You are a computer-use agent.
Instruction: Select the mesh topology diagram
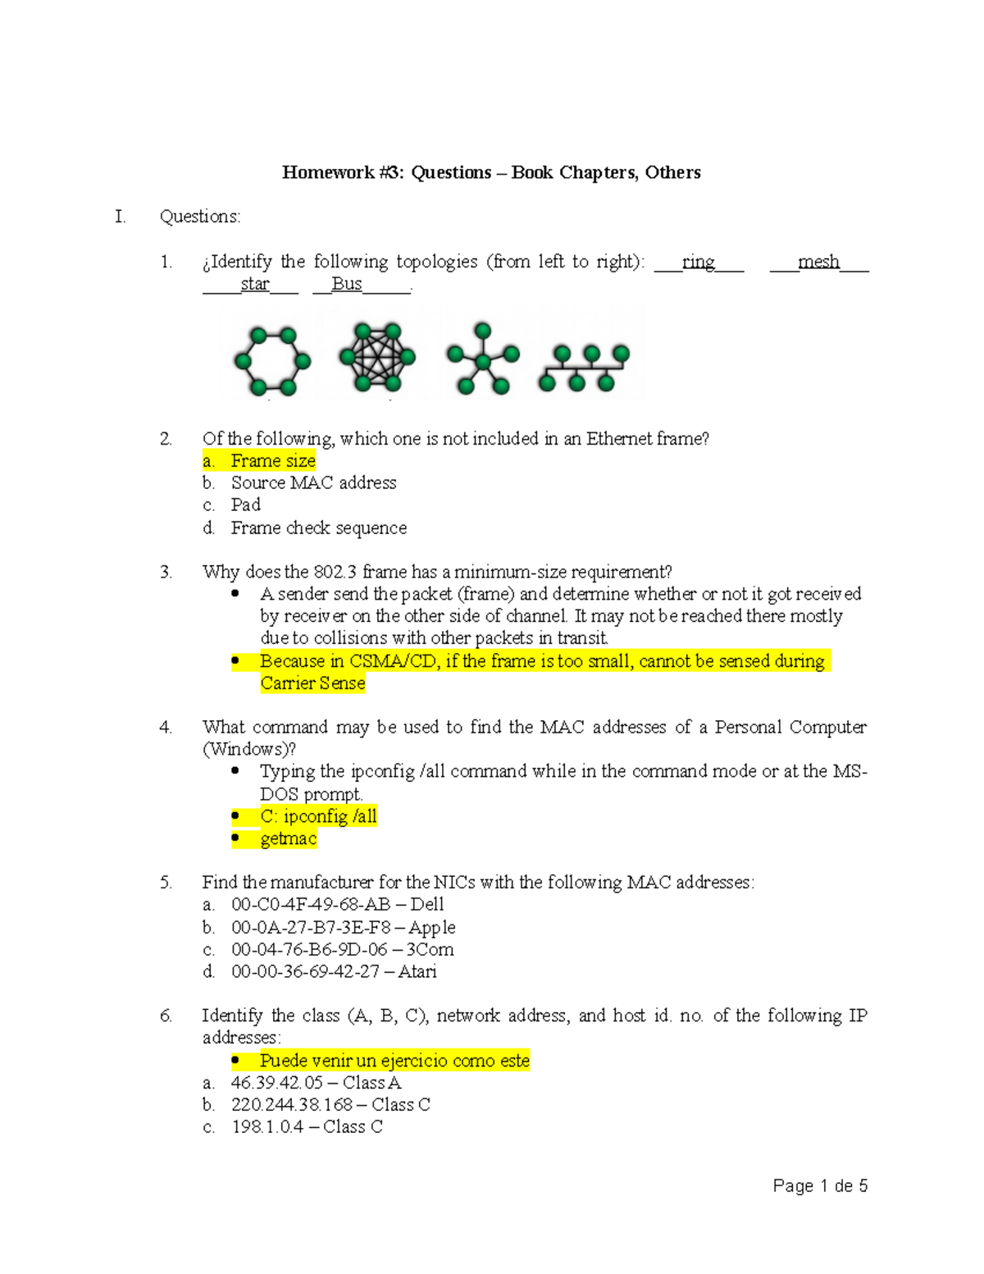coord(376,357)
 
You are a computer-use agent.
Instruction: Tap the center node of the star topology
coord(484,362)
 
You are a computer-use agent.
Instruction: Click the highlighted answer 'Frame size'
coord(272,461)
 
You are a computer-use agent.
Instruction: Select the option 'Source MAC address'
coord(313,483)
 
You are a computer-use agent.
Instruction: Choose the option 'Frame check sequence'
coord(318,528)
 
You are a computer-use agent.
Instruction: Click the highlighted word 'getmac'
coord(288,838)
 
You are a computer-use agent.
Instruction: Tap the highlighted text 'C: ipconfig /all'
coord(318,816)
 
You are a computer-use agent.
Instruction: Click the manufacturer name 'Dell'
coord(426,905)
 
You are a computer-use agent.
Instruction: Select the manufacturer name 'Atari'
coord(417,972)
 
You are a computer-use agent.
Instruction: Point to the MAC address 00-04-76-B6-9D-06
coord(309,950)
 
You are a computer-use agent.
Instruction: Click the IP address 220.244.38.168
coord(292,1105)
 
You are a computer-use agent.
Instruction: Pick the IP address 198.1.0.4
coord(267,1127)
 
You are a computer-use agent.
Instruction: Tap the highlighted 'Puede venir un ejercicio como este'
coord(394,1061)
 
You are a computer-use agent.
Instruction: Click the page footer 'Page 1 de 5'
coord(820,1186)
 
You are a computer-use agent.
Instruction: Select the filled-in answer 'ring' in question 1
coord(699,262)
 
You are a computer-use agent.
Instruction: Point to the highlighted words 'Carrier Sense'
coord(312,683)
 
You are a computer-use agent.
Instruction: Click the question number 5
coord(166,883)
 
